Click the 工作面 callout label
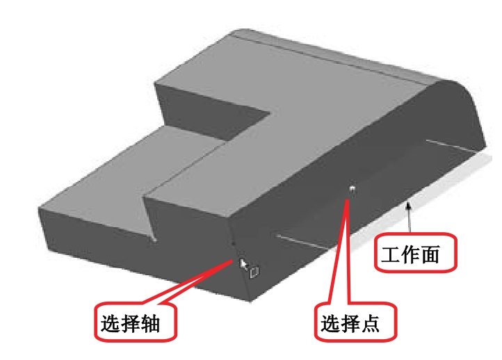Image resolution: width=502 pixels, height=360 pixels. click(x=415, y=253)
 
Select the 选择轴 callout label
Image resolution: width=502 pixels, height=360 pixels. click(x=136, y=321)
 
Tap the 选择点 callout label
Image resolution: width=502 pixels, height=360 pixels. click(x=355, y=322)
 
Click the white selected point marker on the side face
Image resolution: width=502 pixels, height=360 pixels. click(x=353, y=188)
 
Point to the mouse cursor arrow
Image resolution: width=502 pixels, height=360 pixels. click(x=243, y=264)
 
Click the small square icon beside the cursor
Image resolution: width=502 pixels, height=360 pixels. click(x=254, y=272)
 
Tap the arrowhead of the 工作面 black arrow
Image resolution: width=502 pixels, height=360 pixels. click(x=408, y=206)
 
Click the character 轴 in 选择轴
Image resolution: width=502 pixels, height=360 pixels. click(x=150, y=324)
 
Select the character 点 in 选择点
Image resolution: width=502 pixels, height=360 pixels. click(x=370, y=324)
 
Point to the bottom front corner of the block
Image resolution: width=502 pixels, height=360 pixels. click(x=250, y=301)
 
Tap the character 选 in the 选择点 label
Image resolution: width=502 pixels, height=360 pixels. click(x=331, y=324)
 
